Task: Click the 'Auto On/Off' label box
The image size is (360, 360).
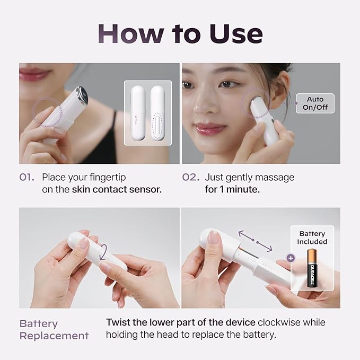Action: pos(315,103)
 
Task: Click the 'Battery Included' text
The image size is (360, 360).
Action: pos(313,238)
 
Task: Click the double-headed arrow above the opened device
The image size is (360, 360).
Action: pos(255,240)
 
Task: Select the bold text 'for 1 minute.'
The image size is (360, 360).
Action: pos(232,189)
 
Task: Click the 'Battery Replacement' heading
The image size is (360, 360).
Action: pos(54,329)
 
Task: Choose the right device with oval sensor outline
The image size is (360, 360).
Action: pos(157,112)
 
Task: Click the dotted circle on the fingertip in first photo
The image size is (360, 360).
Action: pos(47,112)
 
